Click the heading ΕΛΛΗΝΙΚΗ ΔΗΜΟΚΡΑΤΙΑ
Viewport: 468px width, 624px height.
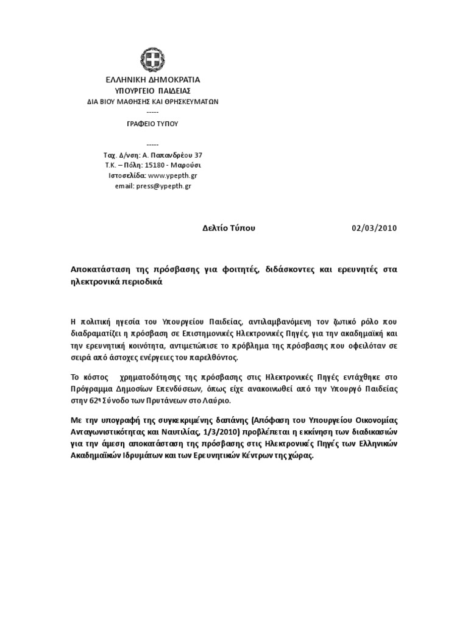(x=152, y=80)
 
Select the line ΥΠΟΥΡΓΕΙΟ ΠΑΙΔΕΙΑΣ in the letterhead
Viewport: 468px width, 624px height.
(x=152, y=91)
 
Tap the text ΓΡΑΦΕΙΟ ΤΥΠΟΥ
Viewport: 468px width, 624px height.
(x=152, y=123)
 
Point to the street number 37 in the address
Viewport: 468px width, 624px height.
(x=198, y=155)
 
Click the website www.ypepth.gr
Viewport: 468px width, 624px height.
(x=172, y=175)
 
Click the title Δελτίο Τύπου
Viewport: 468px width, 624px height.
(x=229, y=229)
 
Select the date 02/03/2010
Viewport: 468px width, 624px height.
(x=374, y=229)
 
